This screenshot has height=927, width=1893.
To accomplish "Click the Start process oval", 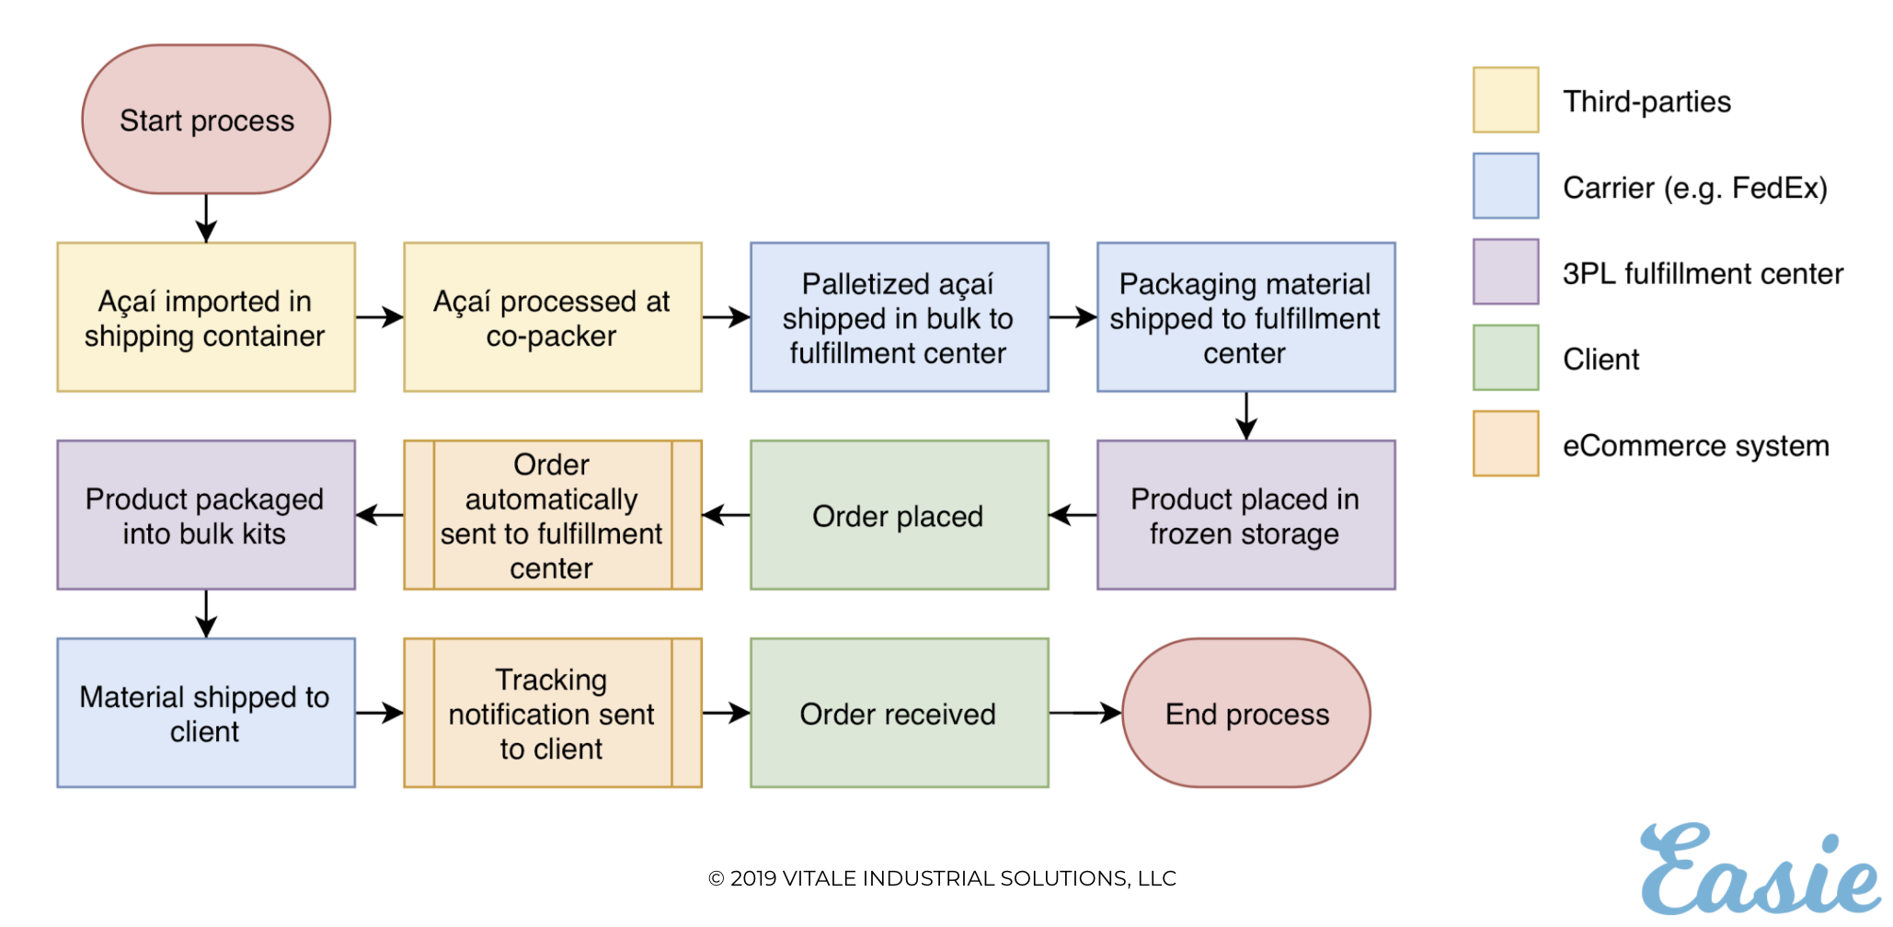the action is click(206, 120).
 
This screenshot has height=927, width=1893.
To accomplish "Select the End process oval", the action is click(1246, 713).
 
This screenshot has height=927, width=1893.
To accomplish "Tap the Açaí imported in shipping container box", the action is click(206, 317).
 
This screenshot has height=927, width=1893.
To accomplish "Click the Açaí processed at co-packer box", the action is click(553, 317).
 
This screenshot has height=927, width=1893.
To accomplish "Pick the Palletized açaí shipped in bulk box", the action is click(900, 317).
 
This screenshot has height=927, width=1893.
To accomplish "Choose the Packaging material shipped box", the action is click(1246, 317).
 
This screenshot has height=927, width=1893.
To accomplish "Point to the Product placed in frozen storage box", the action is click(1246, 515).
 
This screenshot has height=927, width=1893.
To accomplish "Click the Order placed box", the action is click(900, 515).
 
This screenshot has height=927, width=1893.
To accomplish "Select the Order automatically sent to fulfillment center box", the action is click(553, 515).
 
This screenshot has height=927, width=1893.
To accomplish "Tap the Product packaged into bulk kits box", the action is click(206, 515).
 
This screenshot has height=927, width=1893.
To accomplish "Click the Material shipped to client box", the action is click(206, 713).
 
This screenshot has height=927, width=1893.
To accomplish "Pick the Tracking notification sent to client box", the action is click(553, 713).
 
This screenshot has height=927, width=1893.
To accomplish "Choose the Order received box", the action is click(900, 713).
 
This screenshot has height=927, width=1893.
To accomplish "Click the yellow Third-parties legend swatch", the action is click(1506, 99).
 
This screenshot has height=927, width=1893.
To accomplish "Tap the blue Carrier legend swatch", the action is click(1506, 186).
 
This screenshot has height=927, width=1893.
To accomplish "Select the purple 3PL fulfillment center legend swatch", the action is click(1506, 271).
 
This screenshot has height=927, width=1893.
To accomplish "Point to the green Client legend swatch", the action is click(1506, 358).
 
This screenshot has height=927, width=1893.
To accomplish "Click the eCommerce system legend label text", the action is click(1696, 446).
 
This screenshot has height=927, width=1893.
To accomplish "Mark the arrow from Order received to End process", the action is click(1085, 713).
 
